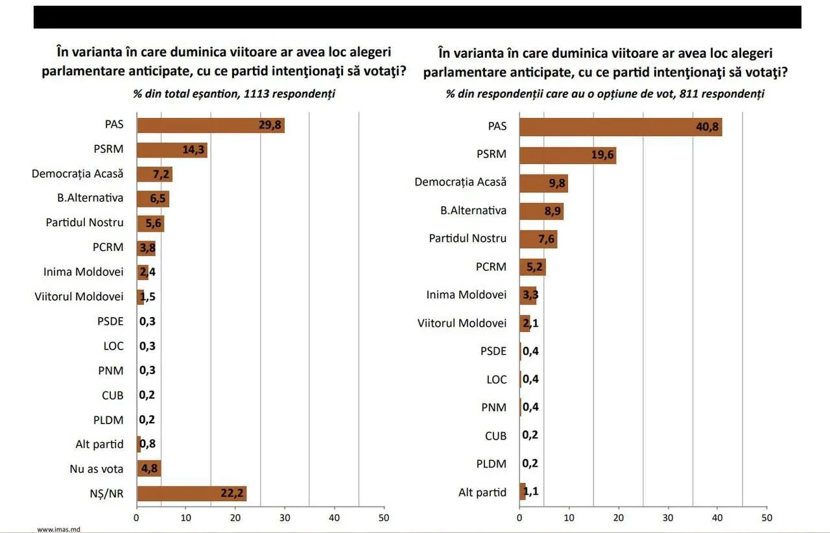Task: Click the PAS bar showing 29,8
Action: coord(211,125)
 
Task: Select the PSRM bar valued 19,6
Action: coord(568,155)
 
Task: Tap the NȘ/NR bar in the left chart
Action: coord(191,493)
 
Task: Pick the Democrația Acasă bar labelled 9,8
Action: coord(543,183)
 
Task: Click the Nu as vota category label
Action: coord(97,469)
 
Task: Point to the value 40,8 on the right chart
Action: coord(707,127)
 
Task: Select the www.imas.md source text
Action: coord(58,529)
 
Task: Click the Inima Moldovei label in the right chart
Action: coord(466,294)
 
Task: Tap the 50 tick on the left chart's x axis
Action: coord(384,518)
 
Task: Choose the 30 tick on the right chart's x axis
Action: coord(668,518)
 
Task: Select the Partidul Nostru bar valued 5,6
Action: coord(150,224)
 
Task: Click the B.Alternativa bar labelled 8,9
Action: coord(541,211)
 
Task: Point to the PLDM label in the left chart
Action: coord(108,420)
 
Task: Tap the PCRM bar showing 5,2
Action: coord(532,266)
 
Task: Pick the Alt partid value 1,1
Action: coord(530,492)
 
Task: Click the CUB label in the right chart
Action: coord(495,436)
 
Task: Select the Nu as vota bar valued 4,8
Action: coord(148,469)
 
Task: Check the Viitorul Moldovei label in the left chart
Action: coord(79,296)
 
